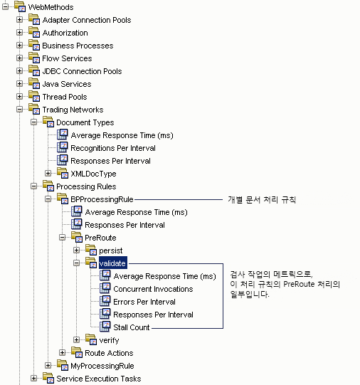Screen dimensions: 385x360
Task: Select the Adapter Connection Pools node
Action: (x=87, y=20)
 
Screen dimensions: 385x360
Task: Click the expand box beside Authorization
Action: (x=20, y=33)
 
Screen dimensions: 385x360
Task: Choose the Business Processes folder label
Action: (x=78, y=46)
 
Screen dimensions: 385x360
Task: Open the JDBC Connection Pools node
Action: (x=82, y=71)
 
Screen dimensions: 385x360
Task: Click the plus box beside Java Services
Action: (x=20, y=84)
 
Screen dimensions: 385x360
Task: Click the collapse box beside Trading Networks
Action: (x=20, y=110)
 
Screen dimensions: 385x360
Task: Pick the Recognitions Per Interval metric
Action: (x=113, y=148)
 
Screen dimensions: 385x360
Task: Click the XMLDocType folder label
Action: (x=93, y=174)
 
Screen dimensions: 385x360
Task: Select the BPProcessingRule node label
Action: (x=102, y=199)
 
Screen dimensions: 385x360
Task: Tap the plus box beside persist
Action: (x=77, y=250)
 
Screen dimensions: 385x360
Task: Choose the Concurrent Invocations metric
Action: (x=153, y=289)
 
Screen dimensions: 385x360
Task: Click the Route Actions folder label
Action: (x=107, y=353)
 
